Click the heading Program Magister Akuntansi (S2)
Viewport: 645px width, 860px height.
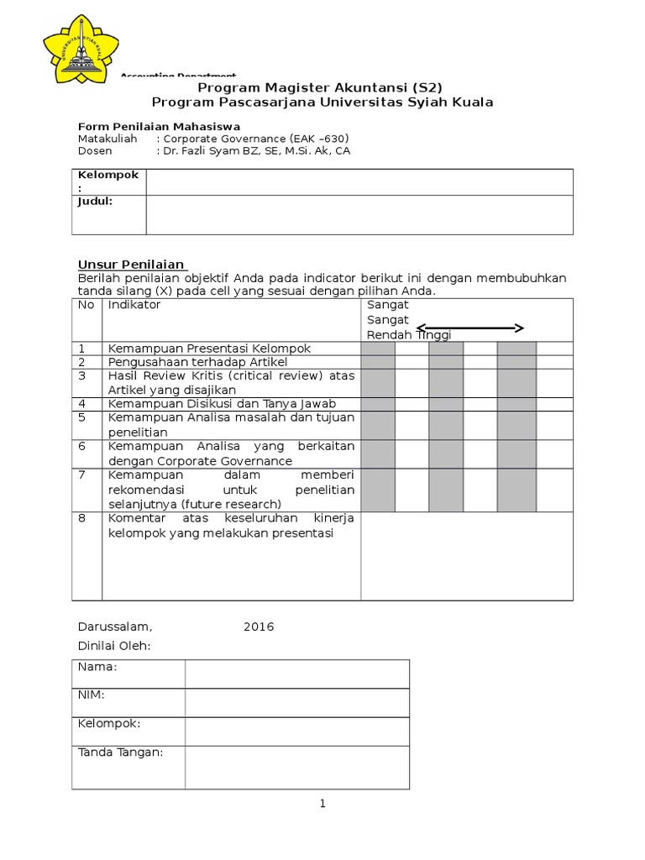click(319, 87)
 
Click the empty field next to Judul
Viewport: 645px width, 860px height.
click(359, 214)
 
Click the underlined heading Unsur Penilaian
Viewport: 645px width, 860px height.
click(132, 265)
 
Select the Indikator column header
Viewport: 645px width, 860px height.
click(134, 305)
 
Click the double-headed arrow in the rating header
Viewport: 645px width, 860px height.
click(470, 328)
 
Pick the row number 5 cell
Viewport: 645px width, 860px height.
click(87, 424)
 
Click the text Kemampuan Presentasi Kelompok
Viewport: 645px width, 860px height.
click(209, 348)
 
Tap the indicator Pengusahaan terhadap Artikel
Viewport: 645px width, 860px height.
click(197, 362)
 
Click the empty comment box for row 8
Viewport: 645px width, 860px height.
click(466, 556)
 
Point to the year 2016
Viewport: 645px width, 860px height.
click(259, 627)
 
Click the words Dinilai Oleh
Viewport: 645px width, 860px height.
click(113, 646)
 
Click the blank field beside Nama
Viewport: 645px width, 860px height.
click(297, 674)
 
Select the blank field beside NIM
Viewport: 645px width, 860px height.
click(297, 702)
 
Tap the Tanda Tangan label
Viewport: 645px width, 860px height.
click(120, 752)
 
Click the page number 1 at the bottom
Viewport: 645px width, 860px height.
click(322, 804)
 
